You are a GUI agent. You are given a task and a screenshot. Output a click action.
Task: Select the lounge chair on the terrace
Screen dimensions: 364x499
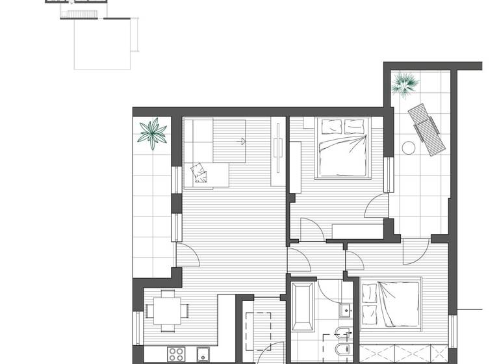pyautogui.click(x=427, y=129)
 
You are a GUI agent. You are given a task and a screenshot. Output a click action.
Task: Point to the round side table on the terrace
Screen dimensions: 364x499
pyautogui.click(x=409, y=147)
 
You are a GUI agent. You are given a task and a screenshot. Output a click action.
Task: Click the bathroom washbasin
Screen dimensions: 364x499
pyautogui.click(x=345, y=311)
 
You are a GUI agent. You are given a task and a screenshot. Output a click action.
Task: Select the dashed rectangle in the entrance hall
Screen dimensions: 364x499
pyautogui.click(x=263, y=328)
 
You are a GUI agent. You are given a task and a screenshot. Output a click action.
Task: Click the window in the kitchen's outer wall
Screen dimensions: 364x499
pyautogui.click(x=138, y=328)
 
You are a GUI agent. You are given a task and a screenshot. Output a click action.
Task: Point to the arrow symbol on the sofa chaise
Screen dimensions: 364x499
pyautogui.click(x=242, y=140)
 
